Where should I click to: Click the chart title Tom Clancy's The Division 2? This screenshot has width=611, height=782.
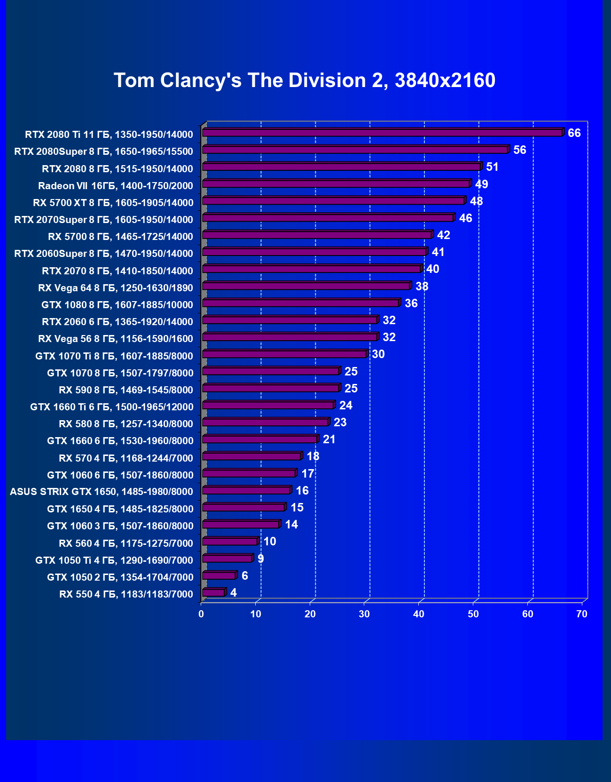pos(305,80)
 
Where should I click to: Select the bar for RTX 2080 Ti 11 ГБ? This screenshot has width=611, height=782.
pos(382,133)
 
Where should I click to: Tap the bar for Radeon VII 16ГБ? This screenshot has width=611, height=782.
pos(336,184)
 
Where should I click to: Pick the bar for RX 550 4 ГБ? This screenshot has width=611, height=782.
pos(214,592)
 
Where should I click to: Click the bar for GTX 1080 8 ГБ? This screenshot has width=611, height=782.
pos(301,303)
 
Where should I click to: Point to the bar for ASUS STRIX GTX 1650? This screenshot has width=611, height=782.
pos(246,490)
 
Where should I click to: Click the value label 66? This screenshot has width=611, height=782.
pos(574,133)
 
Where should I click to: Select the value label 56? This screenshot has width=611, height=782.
pos(519,150)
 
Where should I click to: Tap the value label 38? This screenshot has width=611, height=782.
pos(422,286)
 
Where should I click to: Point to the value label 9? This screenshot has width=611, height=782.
pos(261,559)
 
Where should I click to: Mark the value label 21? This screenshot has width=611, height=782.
pos(329,439)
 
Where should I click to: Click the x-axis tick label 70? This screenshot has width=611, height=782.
pos(582,614)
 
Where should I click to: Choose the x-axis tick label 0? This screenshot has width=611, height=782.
pos(201,614)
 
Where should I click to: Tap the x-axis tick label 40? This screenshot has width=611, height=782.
pos(419,614)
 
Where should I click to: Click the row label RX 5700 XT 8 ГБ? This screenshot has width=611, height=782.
pos(113,203)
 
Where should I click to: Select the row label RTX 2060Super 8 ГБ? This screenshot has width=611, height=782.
pos(103,254)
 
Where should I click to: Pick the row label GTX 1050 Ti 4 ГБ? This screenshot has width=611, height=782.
pos(114,560)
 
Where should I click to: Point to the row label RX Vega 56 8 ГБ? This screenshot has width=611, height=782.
pos(115,339)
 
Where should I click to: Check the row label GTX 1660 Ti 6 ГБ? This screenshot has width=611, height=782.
pos(111,407)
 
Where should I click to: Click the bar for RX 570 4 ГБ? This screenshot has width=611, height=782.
pos(251,456)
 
